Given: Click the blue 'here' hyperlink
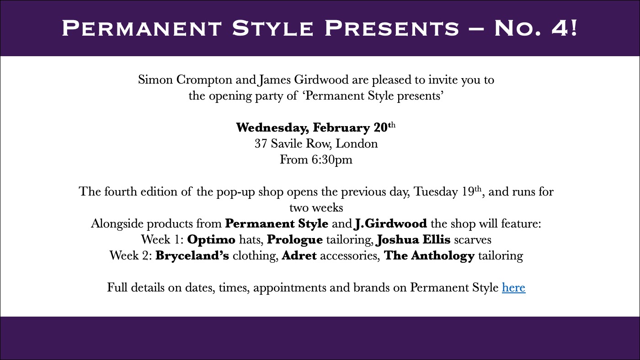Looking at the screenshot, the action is coord(513,287).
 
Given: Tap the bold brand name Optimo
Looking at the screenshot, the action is coord(211,239).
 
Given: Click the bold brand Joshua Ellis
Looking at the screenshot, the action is coord(413,240).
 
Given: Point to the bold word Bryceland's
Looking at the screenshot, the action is coord(192,255).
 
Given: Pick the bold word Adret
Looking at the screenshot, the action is coord(299,255).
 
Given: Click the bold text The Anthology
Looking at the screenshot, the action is coord(429,256).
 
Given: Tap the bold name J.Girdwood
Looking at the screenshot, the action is coord(390,223).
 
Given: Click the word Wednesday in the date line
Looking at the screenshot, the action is coord(272,127).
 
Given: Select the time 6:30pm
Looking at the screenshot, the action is coord(332,160).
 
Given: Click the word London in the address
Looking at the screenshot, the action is coord(357,143).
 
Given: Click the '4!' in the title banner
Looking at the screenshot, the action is coord(565,28).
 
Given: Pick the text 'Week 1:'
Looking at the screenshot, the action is coord(162,239).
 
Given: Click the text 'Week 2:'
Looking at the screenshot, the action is coord(131,255).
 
